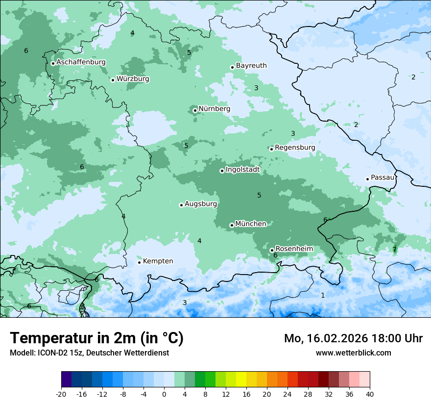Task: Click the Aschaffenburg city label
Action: [81, 62]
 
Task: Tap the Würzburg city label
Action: [133, 79]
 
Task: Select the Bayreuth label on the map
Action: [251, 66]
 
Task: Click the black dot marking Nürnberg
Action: [195, 110]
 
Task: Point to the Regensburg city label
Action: [295, 148]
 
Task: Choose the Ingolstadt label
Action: [242, 170]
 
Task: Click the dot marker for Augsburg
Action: [181, 205]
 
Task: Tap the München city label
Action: [251, 224]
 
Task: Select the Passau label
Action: [383, 178]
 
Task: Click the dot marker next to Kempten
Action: [139, 262]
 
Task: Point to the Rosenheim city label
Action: [294, 249]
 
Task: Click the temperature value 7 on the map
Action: [394, 250]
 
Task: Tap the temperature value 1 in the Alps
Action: [323, 295]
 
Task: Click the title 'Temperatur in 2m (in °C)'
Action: [96, 338]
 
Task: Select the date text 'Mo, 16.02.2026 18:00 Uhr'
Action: [353, 338]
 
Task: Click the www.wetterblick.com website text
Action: [353, 353]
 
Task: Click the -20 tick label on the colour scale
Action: [61, 394]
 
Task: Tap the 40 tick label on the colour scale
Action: [369, 394]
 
